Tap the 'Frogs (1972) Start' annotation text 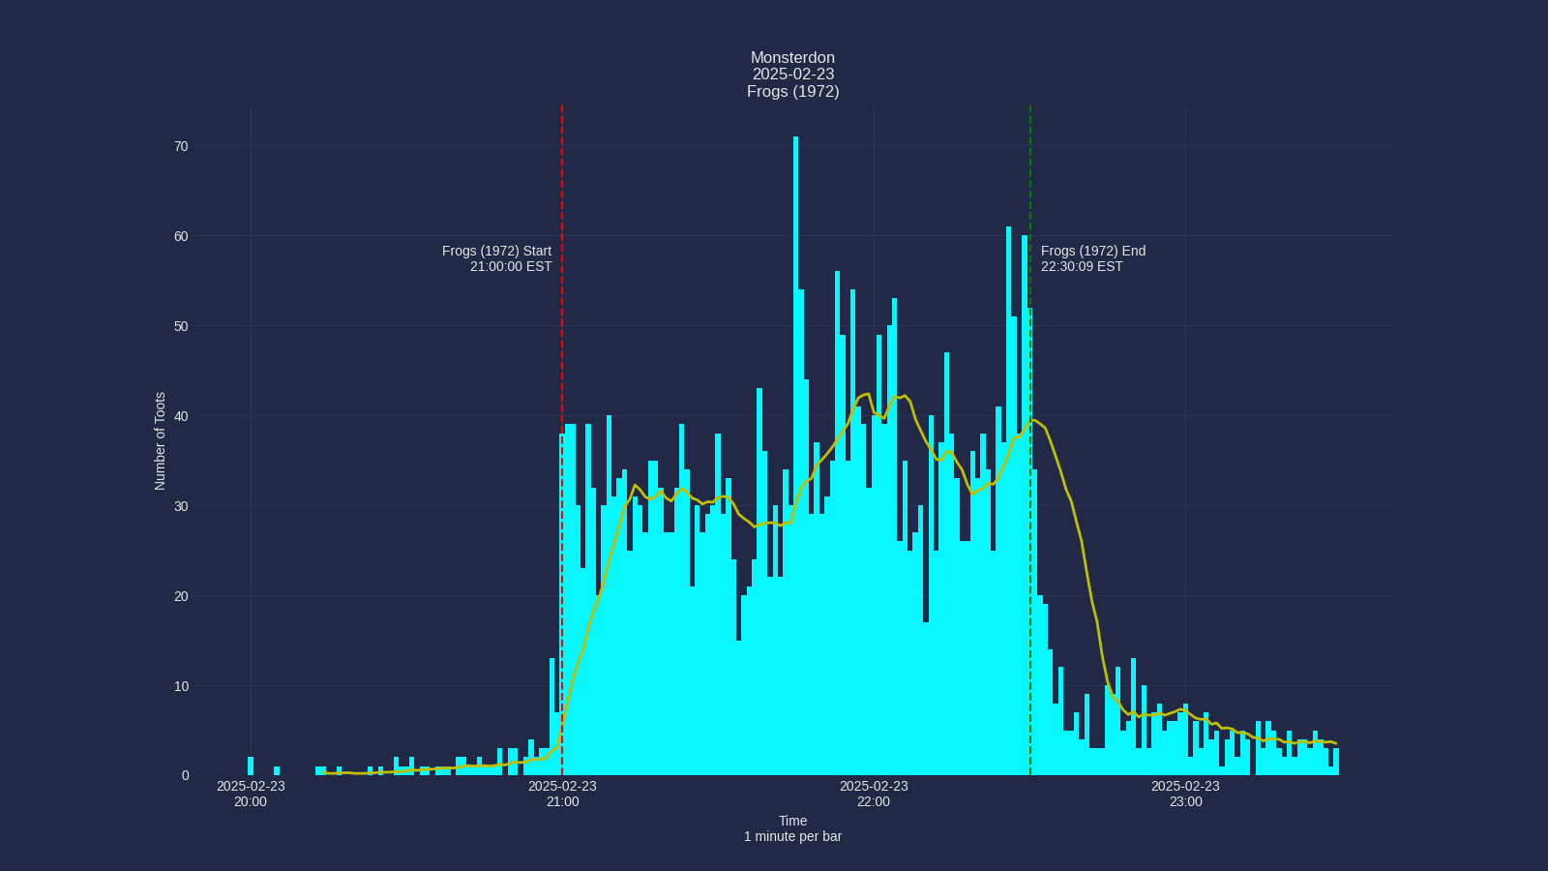point(496,251)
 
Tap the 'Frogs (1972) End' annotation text point(1093,251)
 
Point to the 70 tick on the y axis point(181,146)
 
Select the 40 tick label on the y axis point(181,416)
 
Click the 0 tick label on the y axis point(185,775)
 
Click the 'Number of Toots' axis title point(161,440)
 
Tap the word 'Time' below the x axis point(792,821)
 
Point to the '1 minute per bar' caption point(792,836)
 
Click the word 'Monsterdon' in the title point(792,58)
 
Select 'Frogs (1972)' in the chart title point(792,91)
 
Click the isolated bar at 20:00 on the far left point(251,766)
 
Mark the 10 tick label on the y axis point(181,686)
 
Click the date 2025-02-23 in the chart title point(792,75)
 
